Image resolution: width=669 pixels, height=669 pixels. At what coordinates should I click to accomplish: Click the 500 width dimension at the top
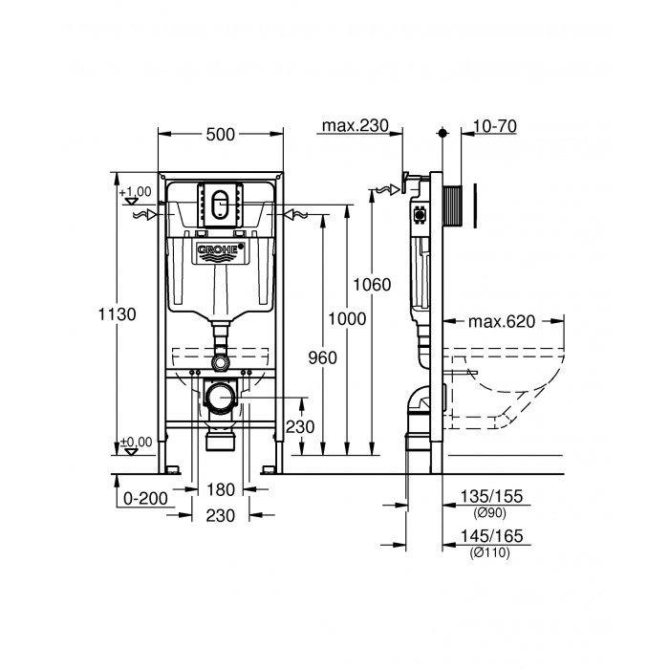(221, 136)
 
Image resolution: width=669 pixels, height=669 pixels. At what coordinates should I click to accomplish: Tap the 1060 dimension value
(372, 285)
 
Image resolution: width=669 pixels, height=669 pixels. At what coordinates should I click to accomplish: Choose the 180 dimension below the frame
(221, 490)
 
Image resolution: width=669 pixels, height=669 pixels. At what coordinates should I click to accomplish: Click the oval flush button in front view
(221, 203)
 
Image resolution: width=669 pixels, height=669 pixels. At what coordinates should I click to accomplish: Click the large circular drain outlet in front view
(223, 395)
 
